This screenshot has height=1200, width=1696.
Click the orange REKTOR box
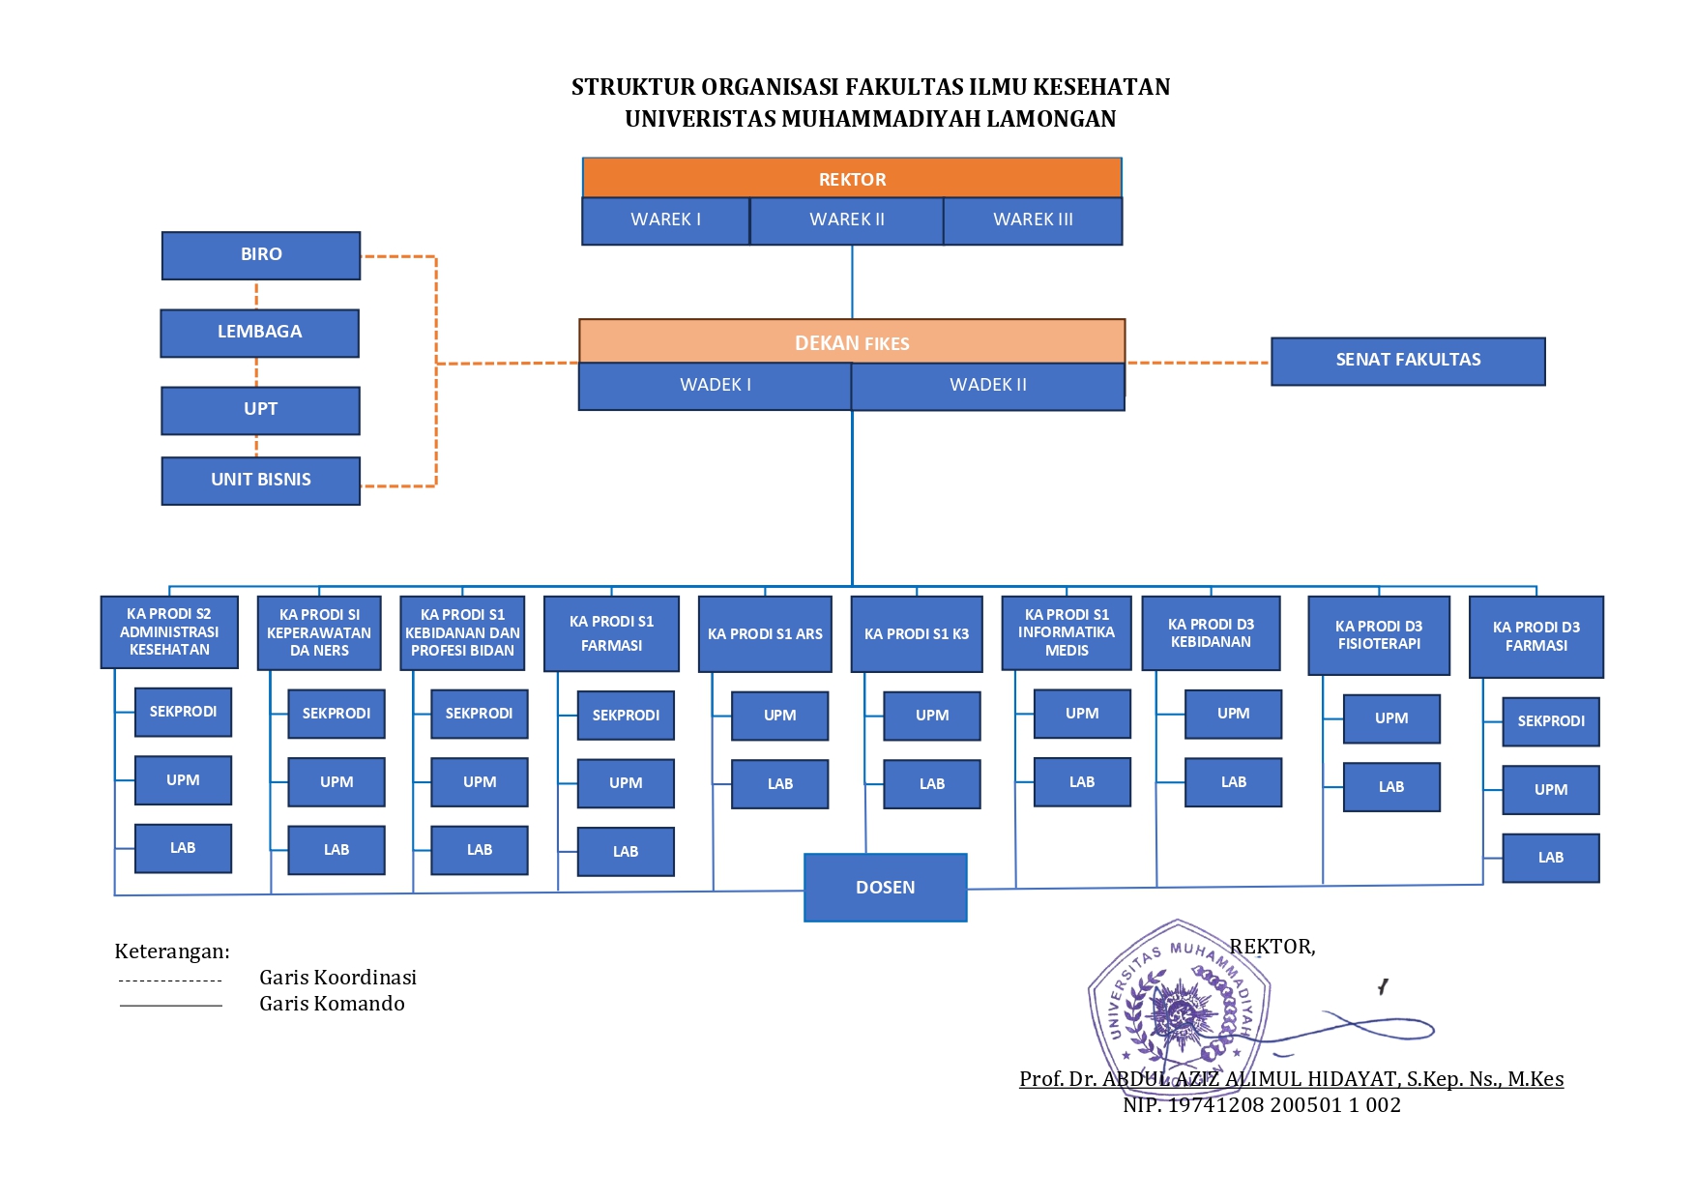click(x=852, y=178)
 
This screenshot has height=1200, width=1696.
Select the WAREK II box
click(x=846, y=220)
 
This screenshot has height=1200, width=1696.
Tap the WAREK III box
click(x=1033, y=220)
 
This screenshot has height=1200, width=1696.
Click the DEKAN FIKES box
click(x=852, y=341)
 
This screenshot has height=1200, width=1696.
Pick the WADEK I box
click(x=715, y=386)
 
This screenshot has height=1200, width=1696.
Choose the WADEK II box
click(x=987, y=386)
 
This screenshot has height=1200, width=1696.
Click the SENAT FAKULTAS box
click(x=1408, y=361)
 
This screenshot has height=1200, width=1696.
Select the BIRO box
click(x=261, y=255)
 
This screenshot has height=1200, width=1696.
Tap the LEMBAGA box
click(x=259, y=333)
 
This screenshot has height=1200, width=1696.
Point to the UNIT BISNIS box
click(x=261, y=481)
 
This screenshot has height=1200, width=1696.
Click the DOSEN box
click(x=885, y=888)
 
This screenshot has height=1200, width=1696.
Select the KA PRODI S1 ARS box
click(x=765, y=634)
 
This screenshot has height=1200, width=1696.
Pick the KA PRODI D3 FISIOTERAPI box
click(x=1379, y=635)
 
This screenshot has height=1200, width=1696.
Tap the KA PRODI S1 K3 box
click(x=917, y=634)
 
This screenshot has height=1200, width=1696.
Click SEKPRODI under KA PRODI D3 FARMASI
click(x=1551, y=721)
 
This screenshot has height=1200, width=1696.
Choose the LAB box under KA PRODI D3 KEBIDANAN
click(x=1233, y=782)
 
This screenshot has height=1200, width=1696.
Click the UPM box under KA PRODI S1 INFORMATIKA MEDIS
click(x=1082, y=714)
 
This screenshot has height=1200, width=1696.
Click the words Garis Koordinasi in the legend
click(x=337, y=978)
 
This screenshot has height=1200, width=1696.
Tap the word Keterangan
click(x=172, y=951)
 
